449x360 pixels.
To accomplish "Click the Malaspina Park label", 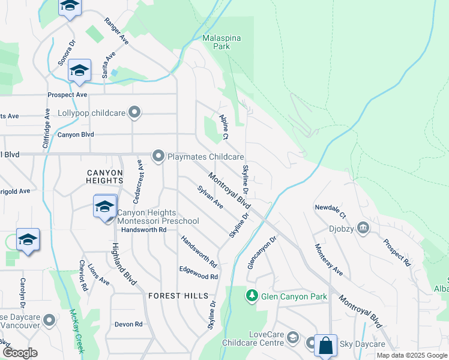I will point(221,42).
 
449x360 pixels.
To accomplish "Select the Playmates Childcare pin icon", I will point(158,156).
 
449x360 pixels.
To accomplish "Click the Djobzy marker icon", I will point(363,228).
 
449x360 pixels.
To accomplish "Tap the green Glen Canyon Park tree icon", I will point(252,296).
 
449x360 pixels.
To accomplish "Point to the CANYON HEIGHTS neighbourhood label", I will point(104,176).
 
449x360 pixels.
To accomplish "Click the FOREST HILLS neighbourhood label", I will point(179,296).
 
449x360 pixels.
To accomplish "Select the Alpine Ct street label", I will point(224,127).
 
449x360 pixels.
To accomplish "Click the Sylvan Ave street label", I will point(210,197).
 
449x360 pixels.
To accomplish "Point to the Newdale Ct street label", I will point(330,211).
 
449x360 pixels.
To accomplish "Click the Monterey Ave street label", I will point(328,260).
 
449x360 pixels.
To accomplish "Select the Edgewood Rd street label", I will point(198,277).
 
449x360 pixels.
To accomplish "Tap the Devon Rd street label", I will point(128,324).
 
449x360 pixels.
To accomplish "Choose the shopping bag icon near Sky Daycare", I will point(325,346).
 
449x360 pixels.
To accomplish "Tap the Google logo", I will point(20,353).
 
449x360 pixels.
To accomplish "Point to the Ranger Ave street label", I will point(116,30).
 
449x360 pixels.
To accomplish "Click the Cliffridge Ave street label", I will point(46,128).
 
